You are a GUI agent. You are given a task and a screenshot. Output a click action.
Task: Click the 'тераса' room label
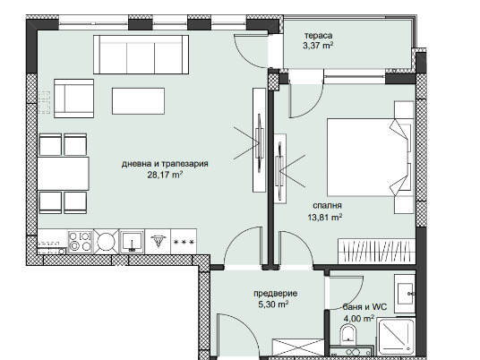click(x=318, y=36)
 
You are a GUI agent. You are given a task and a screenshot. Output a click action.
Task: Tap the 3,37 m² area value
click(x=318, y=46)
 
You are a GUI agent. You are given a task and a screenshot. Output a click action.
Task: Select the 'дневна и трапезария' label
click(x=165, y=164)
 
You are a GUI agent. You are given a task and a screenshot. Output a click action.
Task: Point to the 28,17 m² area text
click(x=165, y=176)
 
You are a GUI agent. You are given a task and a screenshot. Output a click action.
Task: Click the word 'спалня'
click(x=327, y=206)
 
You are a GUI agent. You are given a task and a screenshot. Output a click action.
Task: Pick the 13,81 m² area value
click(x=325, y=218)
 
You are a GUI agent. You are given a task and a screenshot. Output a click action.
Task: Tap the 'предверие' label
click(x=275, y=293)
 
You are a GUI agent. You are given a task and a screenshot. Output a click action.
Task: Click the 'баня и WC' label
click(x=364, y=307)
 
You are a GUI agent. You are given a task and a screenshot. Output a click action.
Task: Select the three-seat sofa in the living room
click(x=141, y=55)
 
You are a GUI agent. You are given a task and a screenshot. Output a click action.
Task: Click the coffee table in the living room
click(x=138, y=101)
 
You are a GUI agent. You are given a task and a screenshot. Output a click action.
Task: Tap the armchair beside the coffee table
click(x=73, y=99)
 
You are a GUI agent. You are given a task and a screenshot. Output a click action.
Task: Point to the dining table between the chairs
click(x=63, y=174)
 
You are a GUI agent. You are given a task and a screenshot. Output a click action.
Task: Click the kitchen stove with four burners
click(x=80, y=241)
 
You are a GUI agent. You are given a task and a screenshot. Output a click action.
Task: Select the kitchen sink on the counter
click(x=132, y=242)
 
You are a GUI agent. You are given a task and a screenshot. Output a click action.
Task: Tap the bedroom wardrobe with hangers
click(x=376, y=251)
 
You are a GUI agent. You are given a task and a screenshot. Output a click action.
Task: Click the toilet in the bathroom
click(x=347, y=334)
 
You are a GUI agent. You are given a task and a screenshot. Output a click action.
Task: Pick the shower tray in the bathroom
click(x=396, y=337)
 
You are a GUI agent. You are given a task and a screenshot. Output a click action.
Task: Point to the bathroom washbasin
click(x=405, y=293)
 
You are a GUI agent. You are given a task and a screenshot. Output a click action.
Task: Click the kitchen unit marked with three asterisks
click(x=184, y=242)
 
